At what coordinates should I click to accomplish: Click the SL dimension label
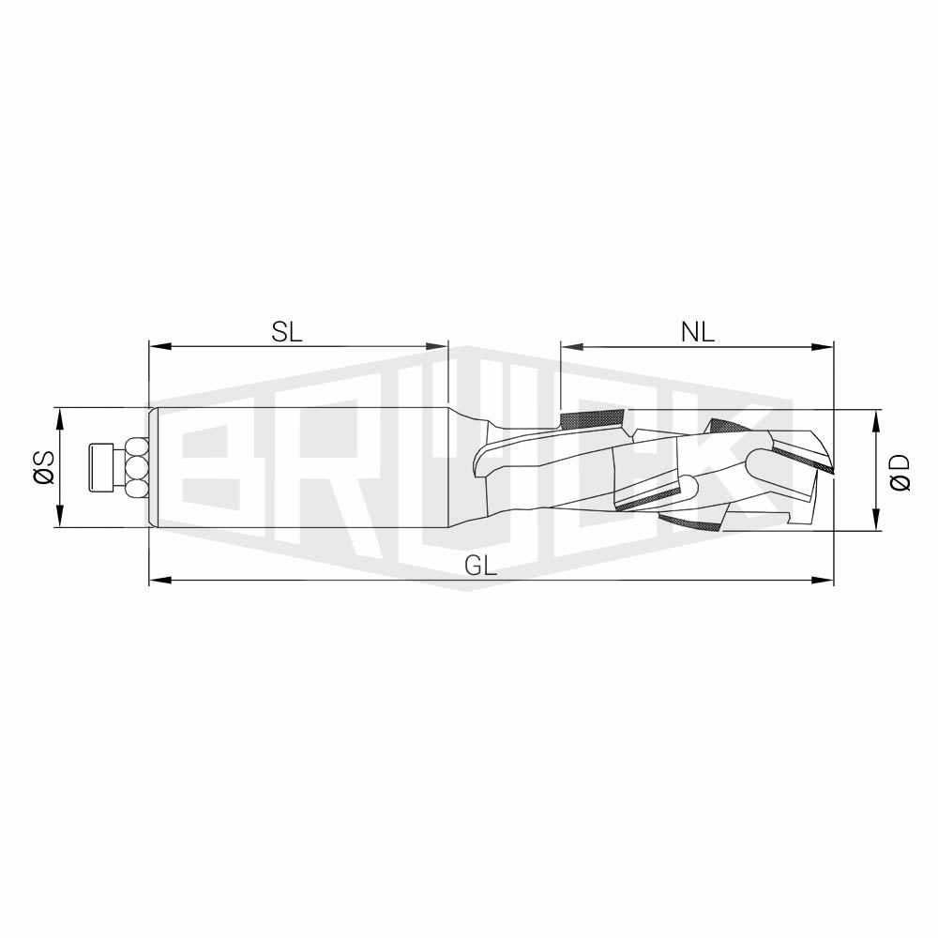point(287,332)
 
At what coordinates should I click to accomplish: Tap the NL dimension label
point(698,332)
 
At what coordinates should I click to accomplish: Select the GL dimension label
point(481,566)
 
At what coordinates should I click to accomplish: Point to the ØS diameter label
point(44,467)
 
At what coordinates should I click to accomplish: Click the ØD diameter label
point(900,473)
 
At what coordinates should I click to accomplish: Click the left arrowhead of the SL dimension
point(160,346)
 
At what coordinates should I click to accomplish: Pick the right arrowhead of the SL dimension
point(436,346)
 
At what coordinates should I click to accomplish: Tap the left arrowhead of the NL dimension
point(572,346)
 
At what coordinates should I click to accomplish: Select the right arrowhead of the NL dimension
point(822,346)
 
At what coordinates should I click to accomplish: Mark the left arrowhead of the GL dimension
point(160,580)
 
